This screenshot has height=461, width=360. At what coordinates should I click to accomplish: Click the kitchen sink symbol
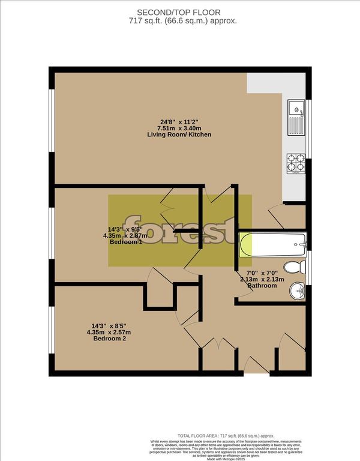tap(296, 118)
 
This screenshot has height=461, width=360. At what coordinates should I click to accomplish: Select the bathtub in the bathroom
tap(274, 245)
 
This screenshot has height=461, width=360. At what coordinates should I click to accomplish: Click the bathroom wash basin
tap(296, 292)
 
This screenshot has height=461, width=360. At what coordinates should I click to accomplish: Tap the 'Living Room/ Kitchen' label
tap(179, 134)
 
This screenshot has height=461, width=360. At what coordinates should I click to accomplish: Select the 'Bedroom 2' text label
tap(109, 339)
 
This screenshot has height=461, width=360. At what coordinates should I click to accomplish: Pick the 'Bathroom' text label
tap(262, 286)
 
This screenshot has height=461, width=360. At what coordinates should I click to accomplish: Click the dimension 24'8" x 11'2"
tap(179, 120)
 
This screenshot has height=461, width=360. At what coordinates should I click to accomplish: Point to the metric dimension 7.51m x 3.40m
tap(179, 127)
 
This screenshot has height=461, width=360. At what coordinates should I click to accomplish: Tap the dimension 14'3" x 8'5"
tap(109, 325)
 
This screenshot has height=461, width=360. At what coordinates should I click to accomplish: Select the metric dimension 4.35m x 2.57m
tap(109, 332)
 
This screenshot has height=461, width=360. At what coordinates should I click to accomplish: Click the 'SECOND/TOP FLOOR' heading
tap(179, 12)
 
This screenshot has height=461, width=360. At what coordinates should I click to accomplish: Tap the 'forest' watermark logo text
tap(179, 230)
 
